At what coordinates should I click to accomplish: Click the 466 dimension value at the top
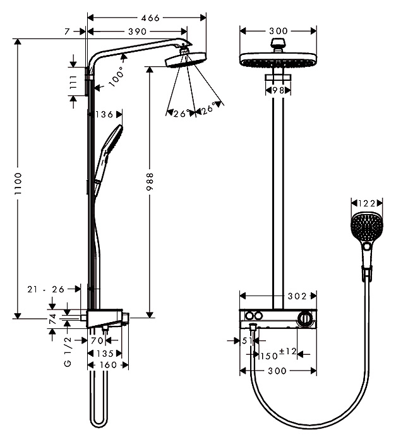click(x=150, y=18)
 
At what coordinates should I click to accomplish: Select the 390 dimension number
click(x=137, y=32)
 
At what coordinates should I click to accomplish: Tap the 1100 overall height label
click(x=18, y=184)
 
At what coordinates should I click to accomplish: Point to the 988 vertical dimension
click(x=150, y=182)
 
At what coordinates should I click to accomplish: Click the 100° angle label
click(x=116, y=76)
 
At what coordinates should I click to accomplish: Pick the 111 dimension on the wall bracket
click(x=73, y=82)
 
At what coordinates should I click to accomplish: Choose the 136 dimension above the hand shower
click(x=104, y=114)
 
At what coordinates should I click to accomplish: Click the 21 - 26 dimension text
click(x=46, y=289)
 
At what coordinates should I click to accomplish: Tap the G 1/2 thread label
click(x=68, y=352)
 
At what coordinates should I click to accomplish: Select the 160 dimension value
click(x=108, y=365)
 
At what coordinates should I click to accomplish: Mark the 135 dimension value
click(x=105, y=354)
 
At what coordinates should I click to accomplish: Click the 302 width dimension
click(x=297, y=296)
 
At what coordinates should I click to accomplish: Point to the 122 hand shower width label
click(x=367, y=203)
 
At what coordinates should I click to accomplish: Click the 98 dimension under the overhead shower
click(x=278, y=90)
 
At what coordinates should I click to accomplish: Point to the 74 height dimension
click(x=53, y=319)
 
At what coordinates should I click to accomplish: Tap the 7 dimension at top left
click(x=67, y=32)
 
